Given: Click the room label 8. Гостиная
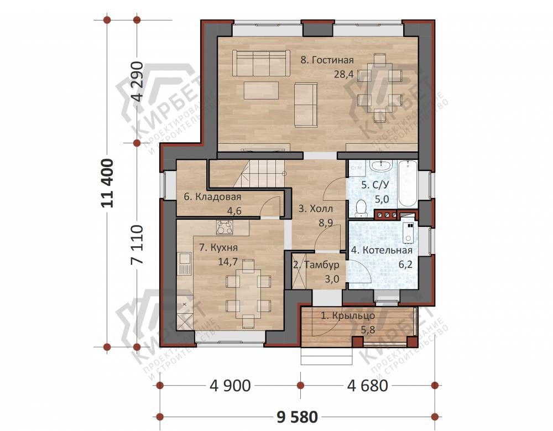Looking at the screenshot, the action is (327, 60).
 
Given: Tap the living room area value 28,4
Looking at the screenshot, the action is (343, 75).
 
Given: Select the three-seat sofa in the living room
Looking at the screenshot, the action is (262, 63).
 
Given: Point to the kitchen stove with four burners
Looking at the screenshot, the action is (225, 227).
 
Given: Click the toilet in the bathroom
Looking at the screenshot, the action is (361, 208).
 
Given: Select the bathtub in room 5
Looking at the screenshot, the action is (408, 184).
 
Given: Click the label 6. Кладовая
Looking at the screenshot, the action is (212, 196).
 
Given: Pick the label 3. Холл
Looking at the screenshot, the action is (316, 209).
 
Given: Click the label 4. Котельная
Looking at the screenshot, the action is (382, 250).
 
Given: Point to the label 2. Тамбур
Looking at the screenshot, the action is (316, 264).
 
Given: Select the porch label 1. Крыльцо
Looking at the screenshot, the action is (348, 315).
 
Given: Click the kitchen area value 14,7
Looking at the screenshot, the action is (228, 262).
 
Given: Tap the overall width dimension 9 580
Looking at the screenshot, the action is (298, 417).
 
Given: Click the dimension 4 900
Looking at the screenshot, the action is (230, 386).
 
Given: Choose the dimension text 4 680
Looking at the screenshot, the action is (368, 386).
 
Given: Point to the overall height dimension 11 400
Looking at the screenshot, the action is (108, 183).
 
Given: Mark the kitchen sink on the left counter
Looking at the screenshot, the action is (184, 264).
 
